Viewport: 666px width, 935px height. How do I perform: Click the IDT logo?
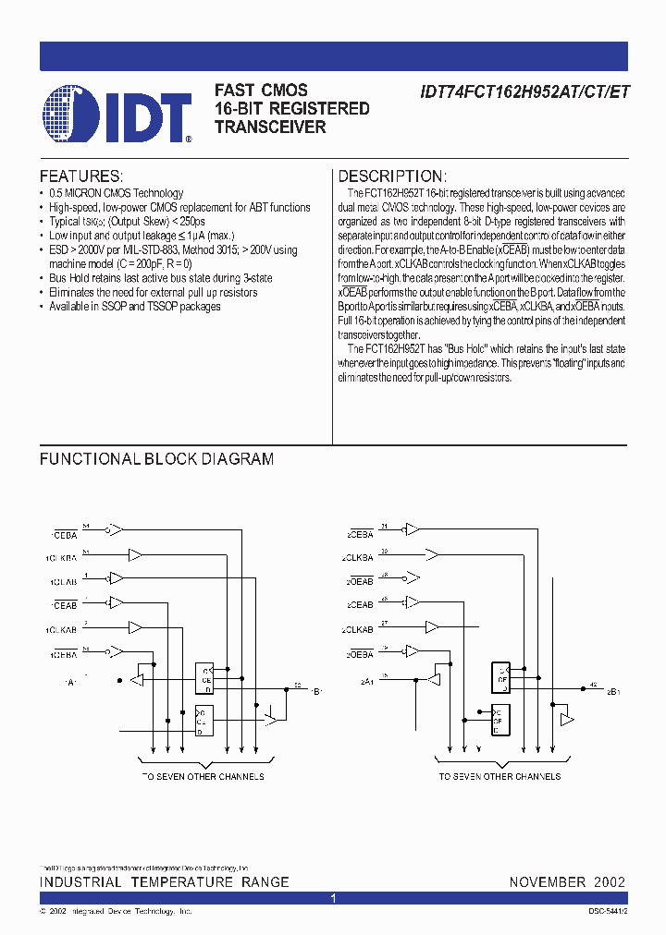pyautogui.click(x=117, y=114)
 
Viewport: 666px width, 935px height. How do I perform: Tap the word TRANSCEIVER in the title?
pyautogui.click(x=270, y=127)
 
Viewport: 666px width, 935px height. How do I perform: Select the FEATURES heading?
pyautogui.click(x=81, y=176)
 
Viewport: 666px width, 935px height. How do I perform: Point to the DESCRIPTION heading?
pyautogui.click(x=392, y=176)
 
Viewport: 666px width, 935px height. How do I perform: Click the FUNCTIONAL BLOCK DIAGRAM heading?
pyautogui.click(x=156, y=459)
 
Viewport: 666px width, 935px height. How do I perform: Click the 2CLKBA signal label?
pyautogui.click(x=357, y=558)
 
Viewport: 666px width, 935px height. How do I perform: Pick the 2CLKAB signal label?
pyautogui.click(x=357, y=628)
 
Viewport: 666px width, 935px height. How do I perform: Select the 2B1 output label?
pyautogui.click(x=614, y=691)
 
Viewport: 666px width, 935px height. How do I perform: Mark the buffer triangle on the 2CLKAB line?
pyautogui.click(x=431, y=627)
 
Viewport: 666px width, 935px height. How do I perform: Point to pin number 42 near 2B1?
pyautogui.click(x=592, y=686)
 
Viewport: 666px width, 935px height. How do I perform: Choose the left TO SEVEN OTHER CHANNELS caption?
pyautogui.click(x=203, y=776)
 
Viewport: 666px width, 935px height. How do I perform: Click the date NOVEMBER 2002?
pyautogui.click(x=567, y=882)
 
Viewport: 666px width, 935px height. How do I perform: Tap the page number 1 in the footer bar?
pyautogui.click(x=333, y=898)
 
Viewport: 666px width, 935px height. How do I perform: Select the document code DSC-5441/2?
pyautogui.click(x=606, y=912)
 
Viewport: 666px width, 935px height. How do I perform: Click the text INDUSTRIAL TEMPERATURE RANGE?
pyautogui.click(x=164, y=882)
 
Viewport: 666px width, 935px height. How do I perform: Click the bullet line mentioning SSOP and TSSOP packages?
pyautogui.click(x=135, y=307)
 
